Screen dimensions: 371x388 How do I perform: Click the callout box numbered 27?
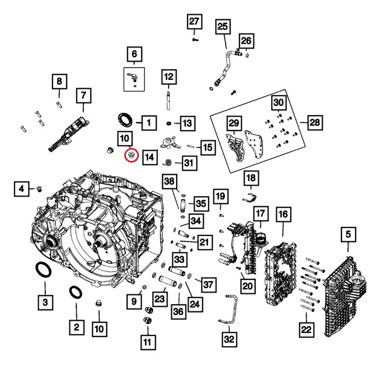pyautogui.click(x=194, y=22)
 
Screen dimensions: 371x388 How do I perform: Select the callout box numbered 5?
pyautogui.click(x=348, y=235)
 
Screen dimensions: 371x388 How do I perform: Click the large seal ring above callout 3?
pyautogui.click(x=42, y=269)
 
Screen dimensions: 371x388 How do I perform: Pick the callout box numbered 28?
pyautogui.click(x=314, y=124)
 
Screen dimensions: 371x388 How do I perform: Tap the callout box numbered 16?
pyautogui.click(x=282, y=215)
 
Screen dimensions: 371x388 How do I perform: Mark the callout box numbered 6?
pyautogui.click(x=134, y=55)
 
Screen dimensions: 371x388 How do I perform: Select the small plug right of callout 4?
pyautogui.click(x=39, y=188)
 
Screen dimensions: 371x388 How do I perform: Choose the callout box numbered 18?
pyautogui.click(x=251, y=177)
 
